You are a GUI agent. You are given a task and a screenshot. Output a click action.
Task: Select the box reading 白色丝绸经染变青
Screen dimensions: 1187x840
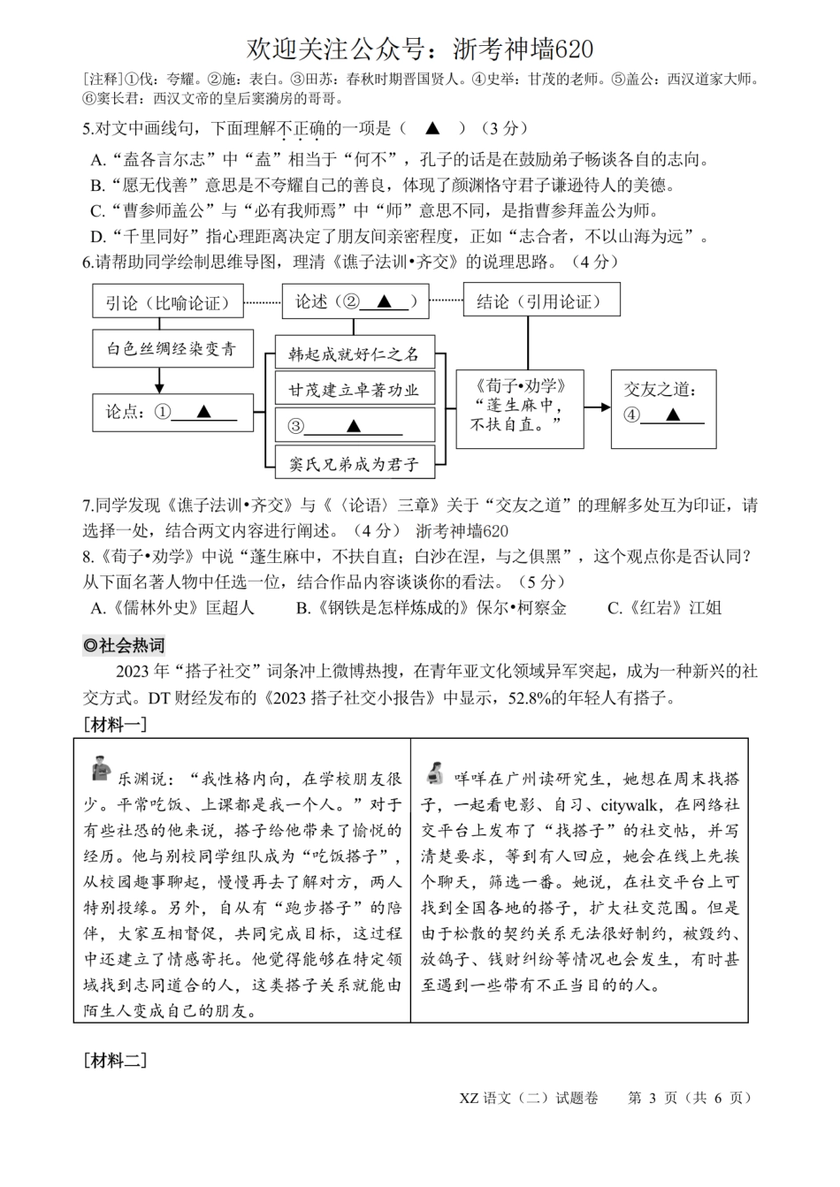(172, 349)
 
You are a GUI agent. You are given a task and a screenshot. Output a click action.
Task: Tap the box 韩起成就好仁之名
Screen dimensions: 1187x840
(354, 354)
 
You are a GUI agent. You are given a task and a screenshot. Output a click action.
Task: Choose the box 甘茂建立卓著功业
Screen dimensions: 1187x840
(354, 390)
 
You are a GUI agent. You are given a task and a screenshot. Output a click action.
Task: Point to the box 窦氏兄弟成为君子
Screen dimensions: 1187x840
(354, 462)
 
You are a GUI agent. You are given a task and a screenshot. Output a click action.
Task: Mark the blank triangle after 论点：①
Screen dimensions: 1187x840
(203, 411)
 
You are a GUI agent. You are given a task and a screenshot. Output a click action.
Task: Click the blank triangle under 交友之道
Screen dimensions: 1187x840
(671, 415)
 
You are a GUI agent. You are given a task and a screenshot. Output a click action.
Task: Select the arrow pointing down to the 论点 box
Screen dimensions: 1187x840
(159, 381)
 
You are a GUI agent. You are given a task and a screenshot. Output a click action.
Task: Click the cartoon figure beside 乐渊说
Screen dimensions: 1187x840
(101, 768)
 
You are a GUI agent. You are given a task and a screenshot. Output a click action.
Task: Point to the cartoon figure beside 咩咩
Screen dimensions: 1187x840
(433, 772)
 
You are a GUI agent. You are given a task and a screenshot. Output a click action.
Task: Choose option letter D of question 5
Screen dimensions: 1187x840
(98, 237)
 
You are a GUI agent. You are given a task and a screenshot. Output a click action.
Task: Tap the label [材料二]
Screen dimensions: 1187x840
(115, 1060)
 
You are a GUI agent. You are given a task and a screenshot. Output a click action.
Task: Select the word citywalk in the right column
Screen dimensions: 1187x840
(629, 804)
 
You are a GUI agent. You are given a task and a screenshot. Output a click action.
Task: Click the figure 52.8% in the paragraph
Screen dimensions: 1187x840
(528, 698)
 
